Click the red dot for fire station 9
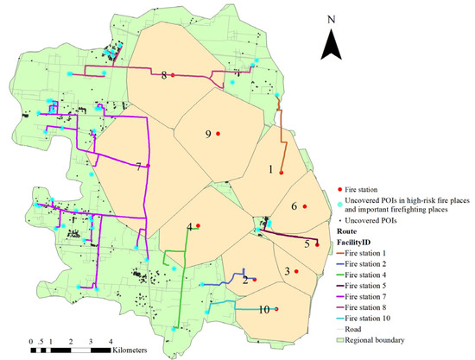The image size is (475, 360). pyautogui.click(x=219, y=134)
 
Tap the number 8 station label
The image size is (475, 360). pyautogui.click(x=163, y=76)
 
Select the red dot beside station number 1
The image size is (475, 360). pyautogui.click(x=282, y=173)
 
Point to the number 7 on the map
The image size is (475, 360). pyautogui.click(x=138, y=167)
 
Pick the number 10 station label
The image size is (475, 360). pyautogui.click(x=263, y=309)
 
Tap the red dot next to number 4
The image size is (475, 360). pyautogui.click(x=199, y=226)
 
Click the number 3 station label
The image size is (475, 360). pyautogui.click(x=286, y=272)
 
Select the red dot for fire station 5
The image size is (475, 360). pyautogui.click(x=318, y=244)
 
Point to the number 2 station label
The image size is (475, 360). pyautogui.click(x=245, y=280)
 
